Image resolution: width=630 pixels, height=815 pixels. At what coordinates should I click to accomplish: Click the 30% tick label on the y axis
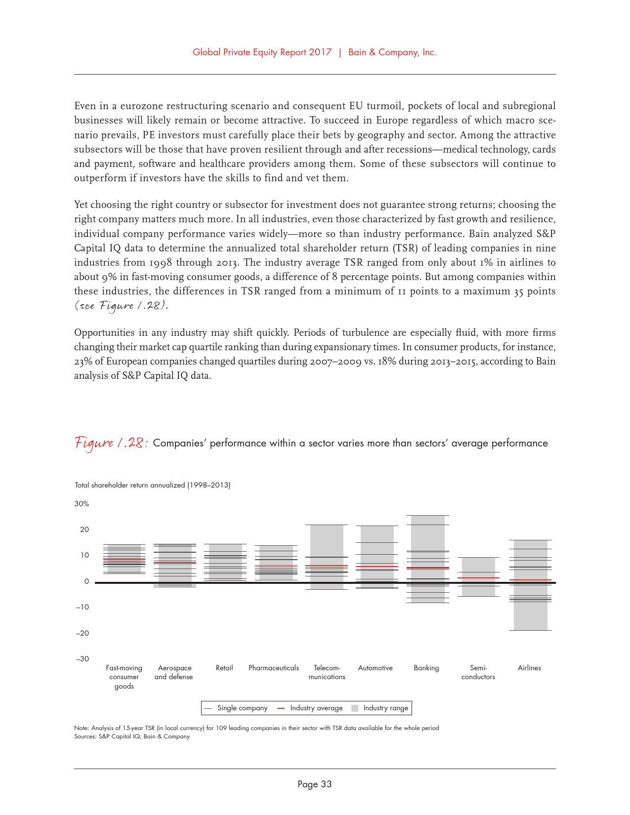[82, 504]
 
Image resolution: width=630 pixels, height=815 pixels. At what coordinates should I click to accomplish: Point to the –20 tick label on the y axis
[82, 633]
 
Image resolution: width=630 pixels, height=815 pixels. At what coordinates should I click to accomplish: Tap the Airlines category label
[529, 668]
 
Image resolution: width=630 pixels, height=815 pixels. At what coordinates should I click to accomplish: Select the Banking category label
[426, 668]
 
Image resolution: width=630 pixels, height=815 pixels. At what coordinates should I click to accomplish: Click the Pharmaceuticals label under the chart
[274, 668]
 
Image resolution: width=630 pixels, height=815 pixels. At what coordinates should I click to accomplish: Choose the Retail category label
[224, 668]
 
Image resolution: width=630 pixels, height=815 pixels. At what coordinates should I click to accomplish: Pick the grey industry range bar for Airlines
[530, 608]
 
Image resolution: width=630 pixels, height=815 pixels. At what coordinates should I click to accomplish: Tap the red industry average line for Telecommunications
[327, 566]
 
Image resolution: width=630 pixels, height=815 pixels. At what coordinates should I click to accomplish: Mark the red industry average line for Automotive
[377, 567]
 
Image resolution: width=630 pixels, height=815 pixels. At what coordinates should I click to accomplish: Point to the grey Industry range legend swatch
[355, 708]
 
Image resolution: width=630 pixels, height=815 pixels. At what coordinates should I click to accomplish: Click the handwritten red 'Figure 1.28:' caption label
[111, 443]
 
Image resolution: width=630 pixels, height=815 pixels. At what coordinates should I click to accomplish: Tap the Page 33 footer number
[315, 784]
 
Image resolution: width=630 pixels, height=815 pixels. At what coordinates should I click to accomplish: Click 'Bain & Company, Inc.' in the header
[392, 52]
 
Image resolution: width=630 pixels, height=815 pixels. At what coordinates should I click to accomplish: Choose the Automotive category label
[376, 668]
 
